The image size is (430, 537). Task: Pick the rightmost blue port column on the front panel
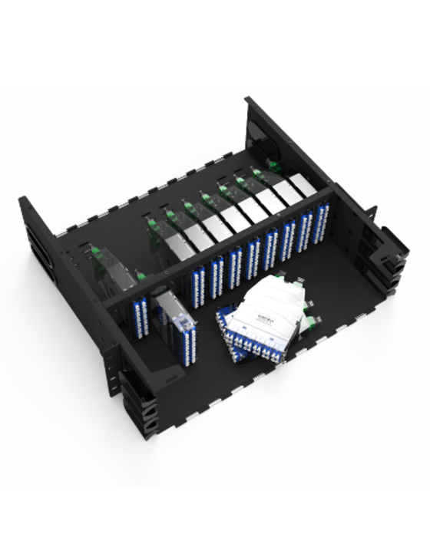tap(322, 219)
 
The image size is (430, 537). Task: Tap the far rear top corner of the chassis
tap(249, 100)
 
